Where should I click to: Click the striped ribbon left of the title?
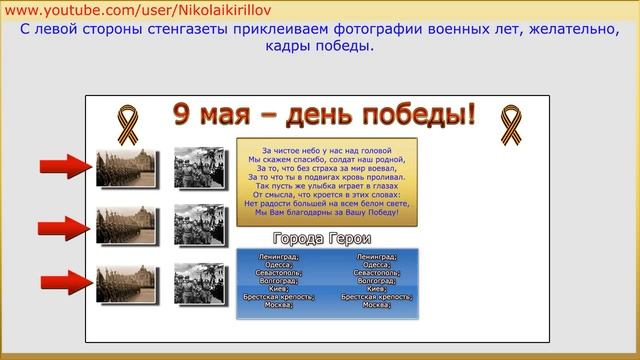(127, 123)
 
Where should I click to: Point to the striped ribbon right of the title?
(510, 123)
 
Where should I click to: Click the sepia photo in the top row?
(126, 167)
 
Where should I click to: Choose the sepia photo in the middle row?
(126, 226)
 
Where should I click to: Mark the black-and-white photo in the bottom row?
(199, 283)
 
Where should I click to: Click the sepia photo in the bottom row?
(126, 285)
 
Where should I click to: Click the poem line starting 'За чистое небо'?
(326, 150)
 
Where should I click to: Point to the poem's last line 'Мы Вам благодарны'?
(326, 212)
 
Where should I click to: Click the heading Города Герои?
(322, 239)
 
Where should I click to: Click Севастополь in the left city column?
(278, 272)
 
